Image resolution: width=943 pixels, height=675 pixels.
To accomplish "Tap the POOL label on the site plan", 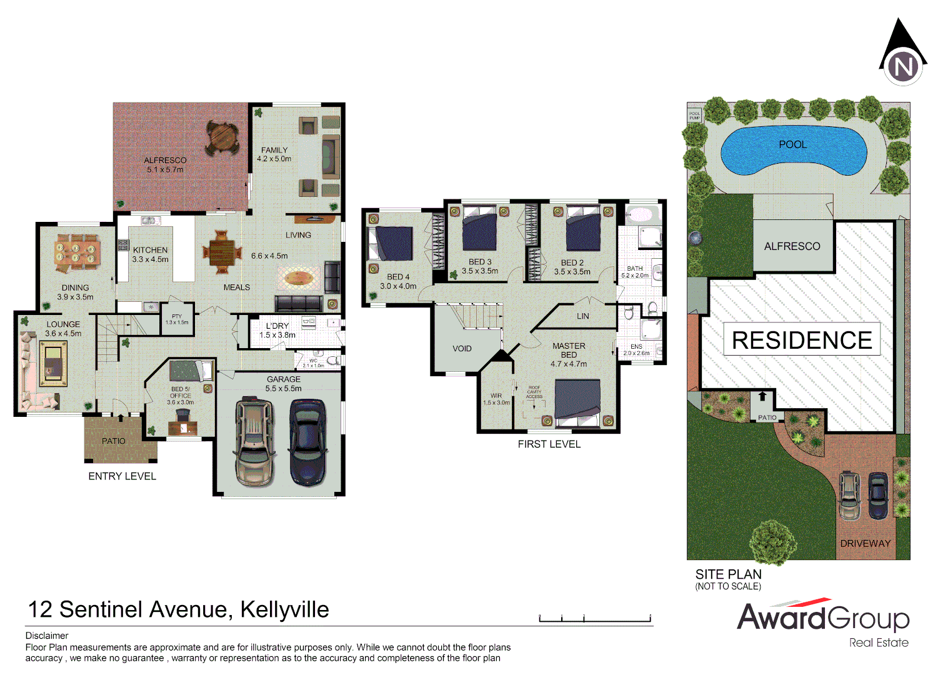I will pos(792,144).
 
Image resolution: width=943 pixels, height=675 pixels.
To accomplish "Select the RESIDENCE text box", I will pos(802,340).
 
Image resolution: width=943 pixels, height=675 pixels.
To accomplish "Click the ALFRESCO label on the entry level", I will pos(165,161).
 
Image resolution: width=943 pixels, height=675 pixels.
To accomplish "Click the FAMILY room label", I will pos(274,150).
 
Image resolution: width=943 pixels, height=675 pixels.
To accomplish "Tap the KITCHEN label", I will pos(150,250).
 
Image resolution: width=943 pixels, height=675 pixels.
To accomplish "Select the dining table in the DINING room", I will pos(76,252).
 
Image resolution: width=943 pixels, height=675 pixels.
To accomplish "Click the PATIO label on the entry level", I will pos(114,441).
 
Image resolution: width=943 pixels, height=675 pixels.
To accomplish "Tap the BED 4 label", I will pos(398,277).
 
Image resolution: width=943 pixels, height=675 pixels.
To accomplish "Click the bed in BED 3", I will pos(479,232).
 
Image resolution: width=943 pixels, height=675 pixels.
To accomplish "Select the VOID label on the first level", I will pos(462,349).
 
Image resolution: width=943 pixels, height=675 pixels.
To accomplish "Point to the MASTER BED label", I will pos(569,350).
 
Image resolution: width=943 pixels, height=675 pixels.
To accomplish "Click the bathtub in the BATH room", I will pos(639,215).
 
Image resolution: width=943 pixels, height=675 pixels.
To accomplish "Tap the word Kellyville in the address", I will pos(284,609).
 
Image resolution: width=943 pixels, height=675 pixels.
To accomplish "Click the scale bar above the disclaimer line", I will pos(595,619).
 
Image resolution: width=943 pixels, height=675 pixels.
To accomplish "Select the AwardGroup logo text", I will pos(822,617).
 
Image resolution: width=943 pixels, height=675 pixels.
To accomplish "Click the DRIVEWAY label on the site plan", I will pos(865,544).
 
